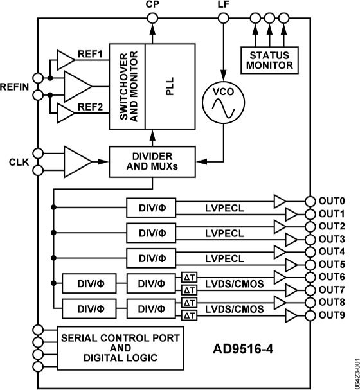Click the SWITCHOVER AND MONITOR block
[127, 86]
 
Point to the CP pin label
[152, 5]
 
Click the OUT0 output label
[332, 200]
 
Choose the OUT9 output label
[332, 314]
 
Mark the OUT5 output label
[332, 263]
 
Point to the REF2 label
[91, 109]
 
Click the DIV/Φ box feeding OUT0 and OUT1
[151, 208]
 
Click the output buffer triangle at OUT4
[282, 251]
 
